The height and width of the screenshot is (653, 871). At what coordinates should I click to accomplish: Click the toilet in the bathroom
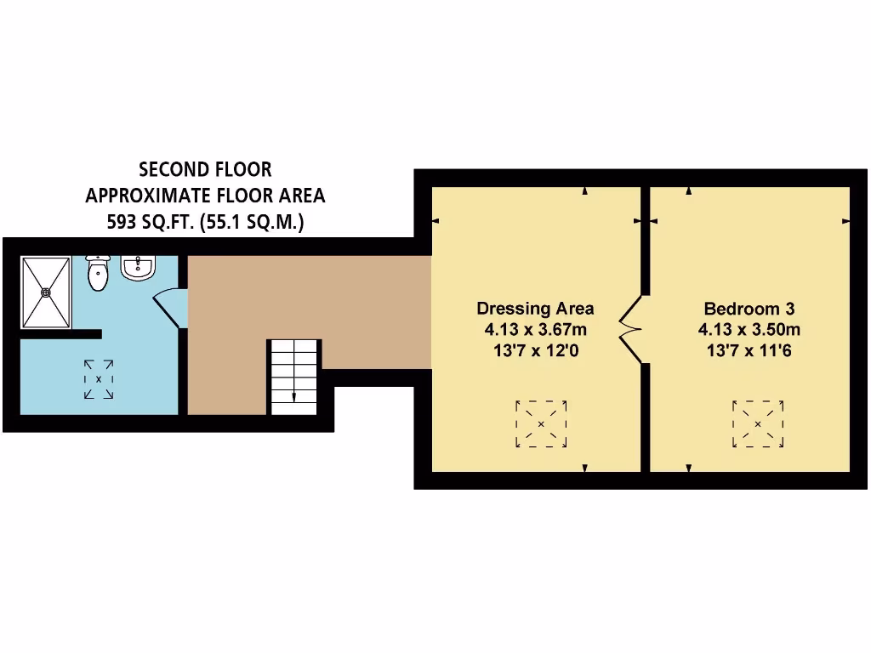pos(99,272)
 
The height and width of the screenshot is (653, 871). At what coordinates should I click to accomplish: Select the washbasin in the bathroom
pos(138,268)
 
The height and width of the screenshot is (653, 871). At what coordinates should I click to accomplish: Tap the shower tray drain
pos(46,292)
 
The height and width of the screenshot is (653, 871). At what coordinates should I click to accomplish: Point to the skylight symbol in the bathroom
pos(99,379)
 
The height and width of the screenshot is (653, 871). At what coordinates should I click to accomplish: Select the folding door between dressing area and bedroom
pos(632,329)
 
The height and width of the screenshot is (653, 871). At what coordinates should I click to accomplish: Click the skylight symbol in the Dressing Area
pos(541,423)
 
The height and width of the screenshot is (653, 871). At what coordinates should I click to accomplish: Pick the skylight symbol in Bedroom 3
pos(758,423)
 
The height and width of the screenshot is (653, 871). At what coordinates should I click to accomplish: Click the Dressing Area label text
pos(535,309)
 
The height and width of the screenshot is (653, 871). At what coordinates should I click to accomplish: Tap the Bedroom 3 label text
pos(749,309)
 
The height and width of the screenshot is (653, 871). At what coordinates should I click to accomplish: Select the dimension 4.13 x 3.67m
pos(535,330)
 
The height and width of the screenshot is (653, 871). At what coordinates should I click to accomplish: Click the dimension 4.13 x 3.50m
pos(749,330)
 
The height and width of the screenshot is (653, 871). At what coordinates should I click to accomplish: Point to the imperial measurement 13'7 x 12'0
pos(535,350)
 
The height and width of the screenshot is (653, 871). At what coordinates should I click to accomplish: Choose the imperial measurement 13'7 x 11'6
pos(749,350)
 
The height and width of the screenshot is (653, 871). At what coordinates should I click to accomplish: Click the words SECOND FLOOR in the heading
pos(205,170)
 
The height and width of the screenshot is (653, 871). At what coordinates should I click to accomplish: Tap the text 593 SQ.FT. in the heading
pos(143,223)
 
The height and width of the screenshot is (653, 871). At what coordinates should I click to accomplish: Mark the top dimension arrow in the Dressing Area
pos(585,191)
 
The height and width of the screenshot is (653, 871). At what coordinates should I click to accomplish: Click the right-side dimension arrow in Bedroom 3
pos(845,221)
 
